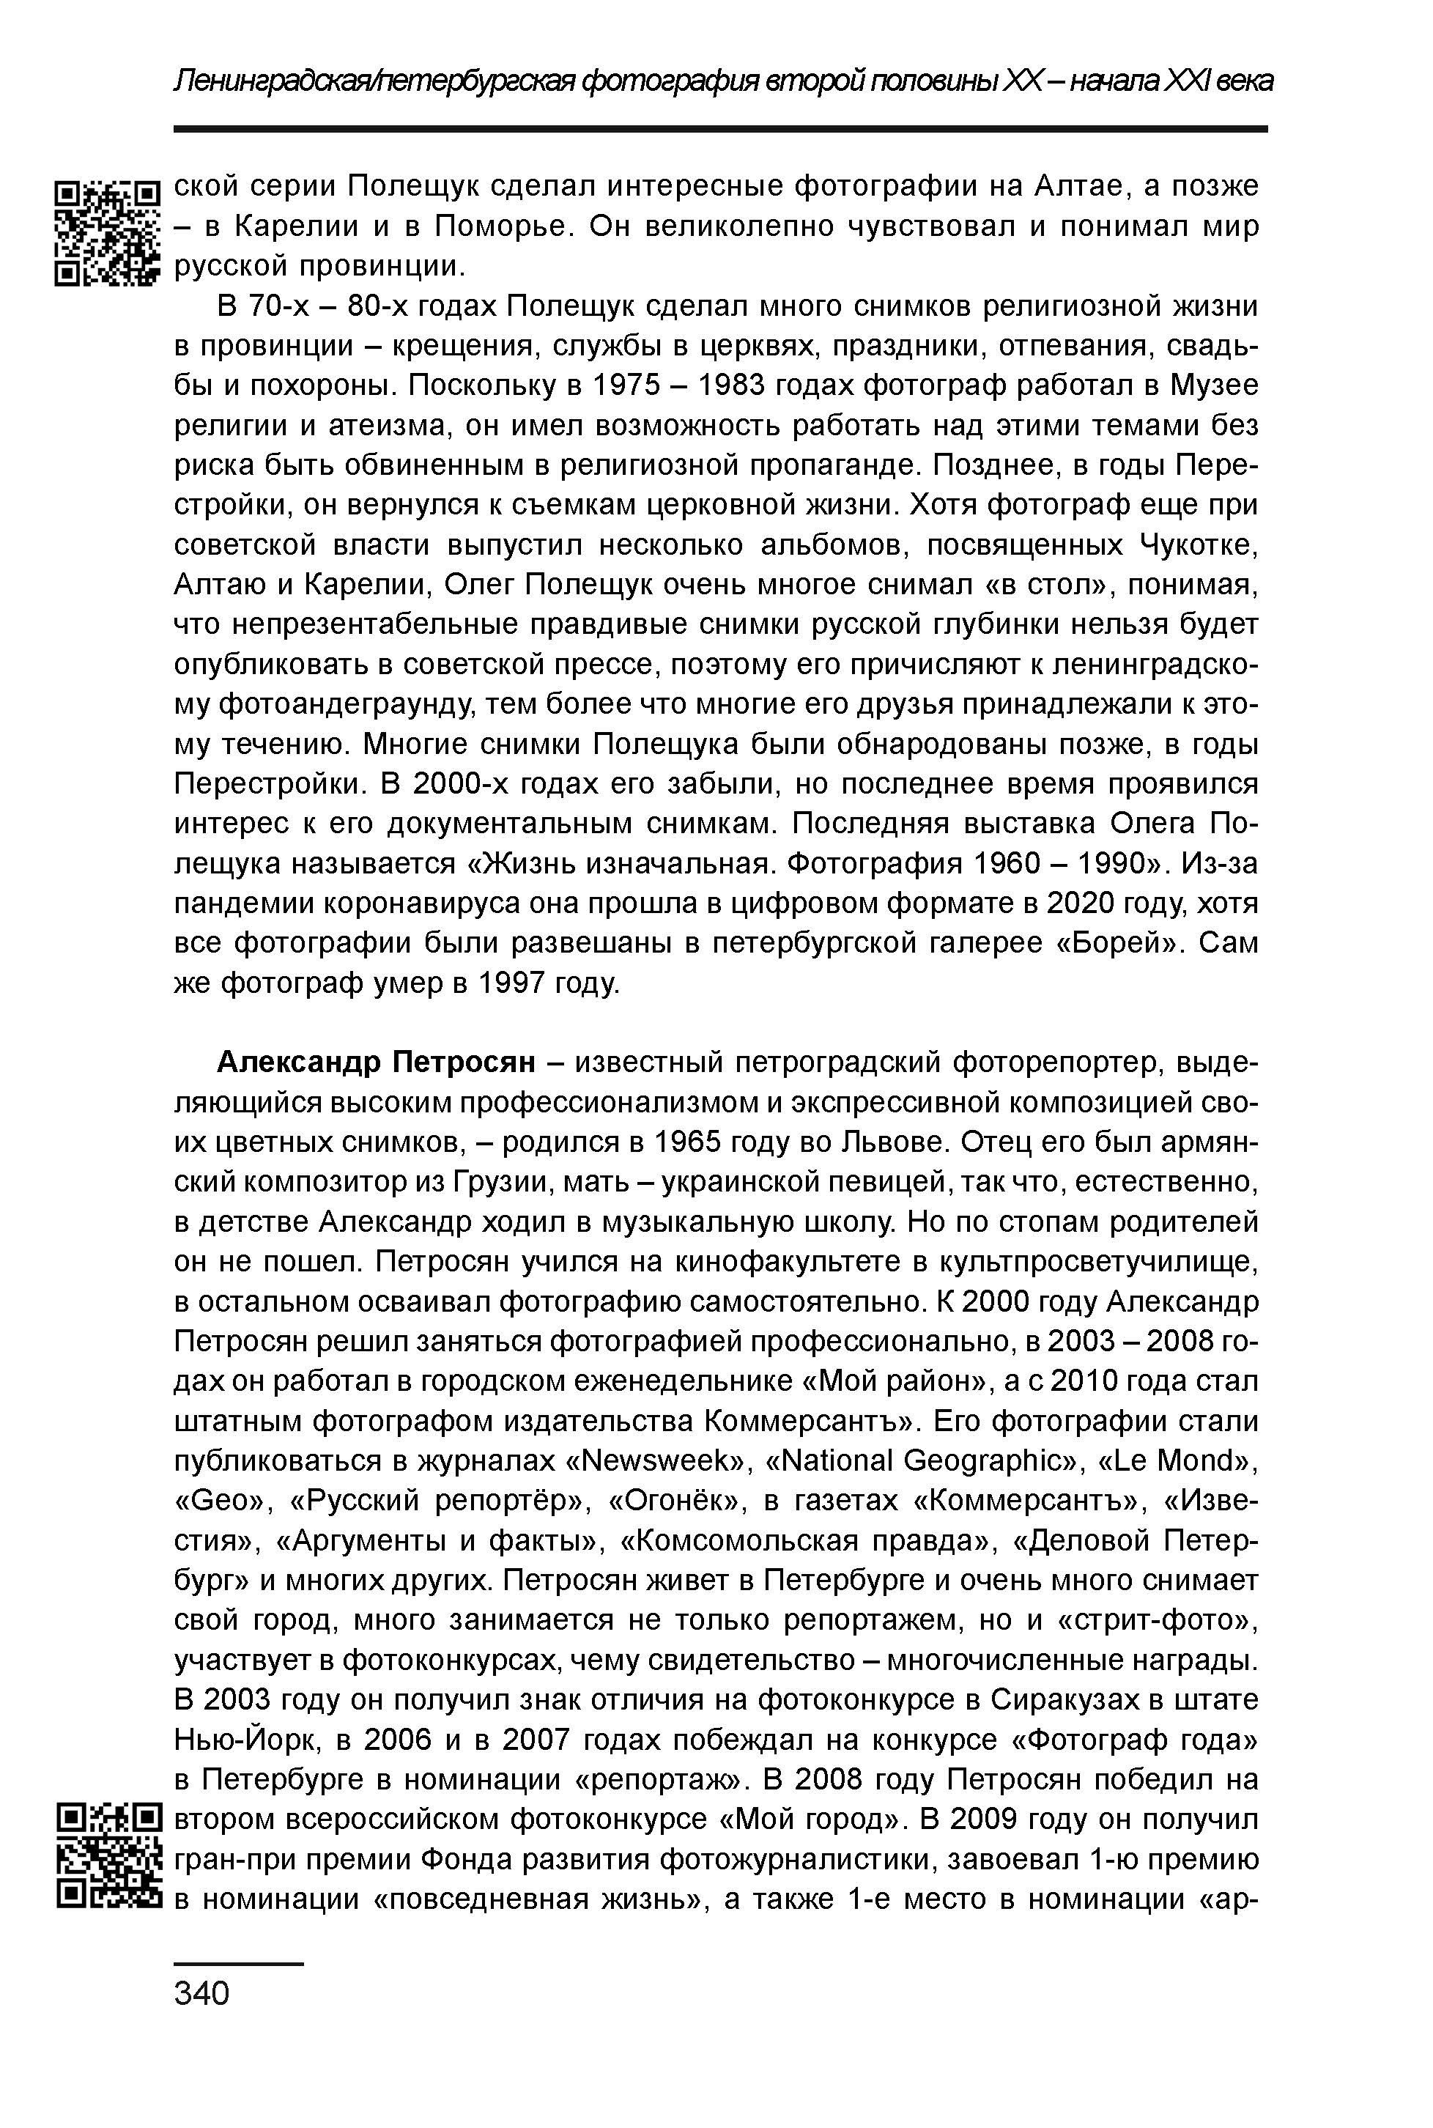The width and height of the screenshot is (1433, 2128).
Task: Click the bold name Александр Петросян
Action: pos(376,1063)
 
